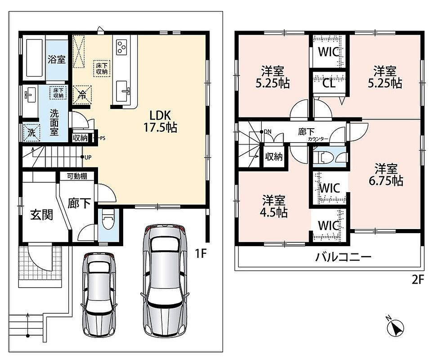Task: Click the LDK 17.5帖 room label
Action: [160, 121]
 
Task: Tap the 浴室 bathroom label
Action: [57, 59]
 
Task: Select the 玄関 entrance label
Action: [41, 215]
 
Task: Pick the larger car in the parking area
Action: [165, 280]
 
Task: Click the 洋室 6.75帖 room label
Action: [386, 175]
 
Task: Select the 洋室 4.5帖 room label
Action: [273, 206]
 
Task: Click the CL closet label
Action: [329, 83]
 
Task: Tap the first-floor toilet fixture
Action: [107, 219]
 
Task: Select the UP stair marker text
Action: [88, 157]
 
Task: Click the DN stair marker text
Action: [268, 132]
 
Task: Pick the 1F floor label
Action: [201, 254]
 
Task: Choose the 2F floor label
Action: [418, 280]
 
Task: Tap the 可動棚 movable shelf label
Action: [77, 176]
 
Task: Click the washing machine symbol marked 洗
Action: [31, 133]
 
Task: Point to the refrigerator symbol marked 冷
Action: [82, 95]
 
